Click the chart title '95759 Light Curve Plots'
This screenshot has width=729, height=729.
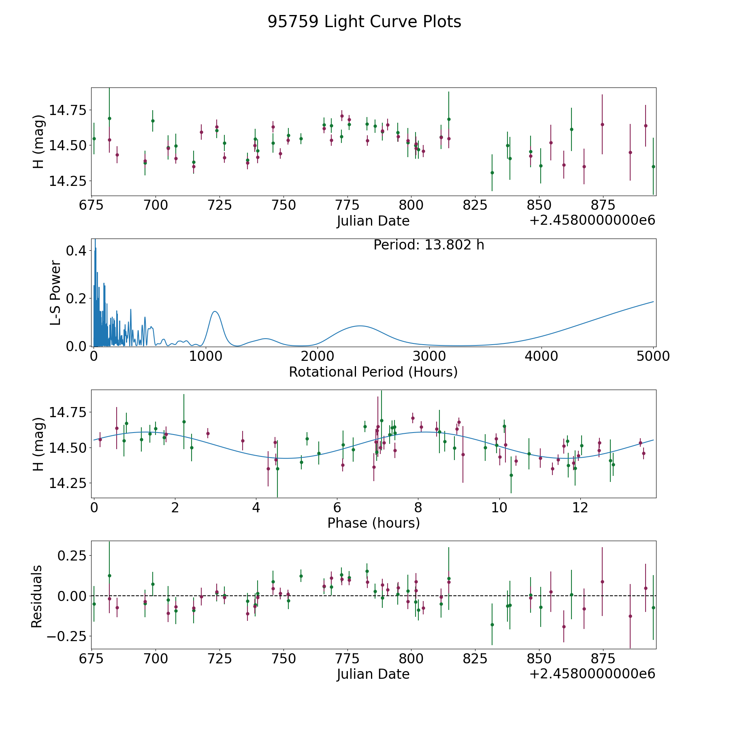click(364, 22)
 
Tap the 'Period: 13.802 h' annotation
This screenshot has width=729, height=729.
click(428, 245)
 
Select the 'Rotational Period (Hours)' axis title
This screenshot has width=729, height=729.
click(373, 372)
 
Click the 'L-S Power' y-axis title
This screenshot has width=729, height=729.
click(55, 292)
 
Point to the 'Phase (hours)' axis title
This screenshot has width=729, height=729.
click(373, 523)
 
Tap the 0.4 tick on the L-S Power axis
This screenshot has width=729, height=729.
click(76, 251)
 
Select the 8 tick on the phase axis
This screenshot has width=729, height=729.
click(418, 507)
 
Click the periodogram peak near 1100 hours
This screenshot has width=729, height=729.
click(215, 311)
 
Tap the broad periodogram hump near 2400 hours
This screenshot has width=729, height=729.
click(359, 326)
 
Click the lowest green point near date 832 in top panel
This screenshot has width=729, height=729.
click(492, 173)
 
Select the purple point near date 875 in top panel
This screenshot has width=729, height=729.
click(602, 124)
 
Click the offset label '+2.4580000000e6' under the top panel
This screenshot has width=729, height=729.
click(592, 220)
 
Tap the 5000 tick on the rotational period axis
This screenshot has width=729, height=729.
click(653, 356)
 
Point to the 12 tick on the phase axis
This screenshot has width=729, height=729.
click(580, 507)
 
